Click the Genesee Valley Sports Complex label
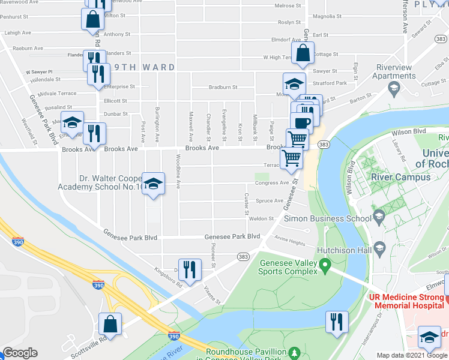click(x=288, y=267)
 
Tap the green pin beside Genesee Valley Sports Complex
click(x=325, y=264)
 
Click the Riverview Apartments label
click(x=394, y=71)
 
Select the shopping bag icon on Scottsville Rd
click(x=110, y=326)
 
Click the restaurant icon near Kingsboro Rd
click(x=190, y=269)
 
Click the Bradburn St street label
click(x=223, y=87)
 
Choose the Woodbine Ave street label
click(x=179, y=170)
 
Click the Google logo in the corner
click(x=20, y=353)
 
